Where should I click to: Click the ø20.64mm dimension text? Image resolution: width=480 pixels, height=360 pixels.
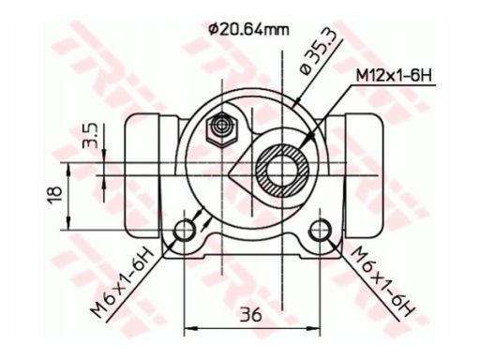tap(249, 30)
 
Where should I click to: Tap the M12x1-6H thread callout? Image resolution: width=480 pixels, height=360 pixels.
tap(394, 75)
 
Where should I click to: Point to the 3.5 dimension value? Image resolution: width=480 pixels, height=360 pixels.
tap(91, 136)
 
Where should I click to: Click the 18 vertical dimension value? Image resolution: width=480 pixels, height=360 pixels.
tap(55, 195)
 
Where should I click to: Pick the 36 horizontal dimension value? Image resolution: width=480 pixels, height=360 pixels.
tap(251, 314)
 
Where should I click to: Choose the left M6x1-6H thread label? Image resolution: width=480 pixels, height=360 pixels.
tap(123, 283)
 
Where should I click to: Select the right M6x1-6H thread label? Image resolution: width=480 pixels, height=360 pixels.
tap(383, 280)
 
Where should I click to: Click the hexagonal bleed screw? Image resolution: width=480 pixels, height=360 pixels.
tap(222, 129)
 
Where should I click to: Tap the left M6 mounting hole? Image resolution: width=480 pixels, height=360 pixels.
tap(184, 231)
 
